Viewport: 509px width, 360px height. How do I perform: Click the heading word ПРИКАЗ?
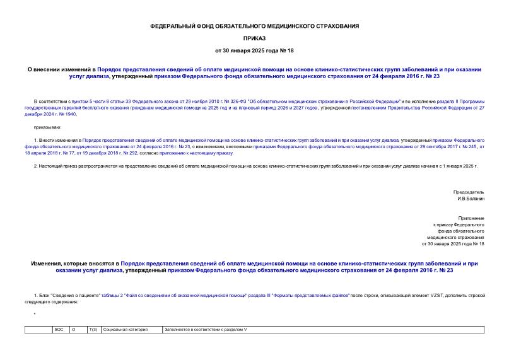coord(254,38)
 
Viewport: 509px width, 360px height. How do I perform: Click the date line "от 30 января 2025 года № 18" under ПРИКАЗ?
coord(254,50)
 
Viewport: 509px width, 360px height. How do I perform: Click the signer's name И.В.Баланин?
coord(471,199)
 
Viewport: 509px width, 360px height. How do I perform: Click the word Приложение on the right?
coord(471,218)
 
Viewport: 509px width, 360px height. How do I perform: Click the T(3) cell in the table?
coord(93,330)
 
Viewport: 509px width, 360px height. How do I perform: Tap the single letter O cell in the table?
coord(74,330)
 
